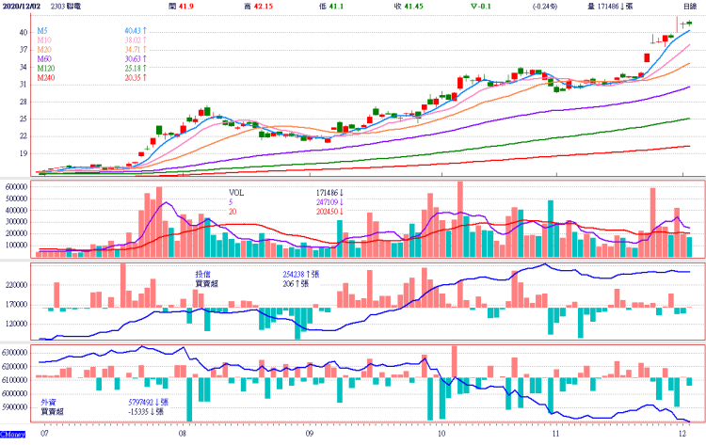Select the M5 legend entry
44,31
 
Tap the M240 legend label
47,78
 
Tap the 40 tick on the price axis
23,32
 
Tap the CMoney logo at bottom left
12,435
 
